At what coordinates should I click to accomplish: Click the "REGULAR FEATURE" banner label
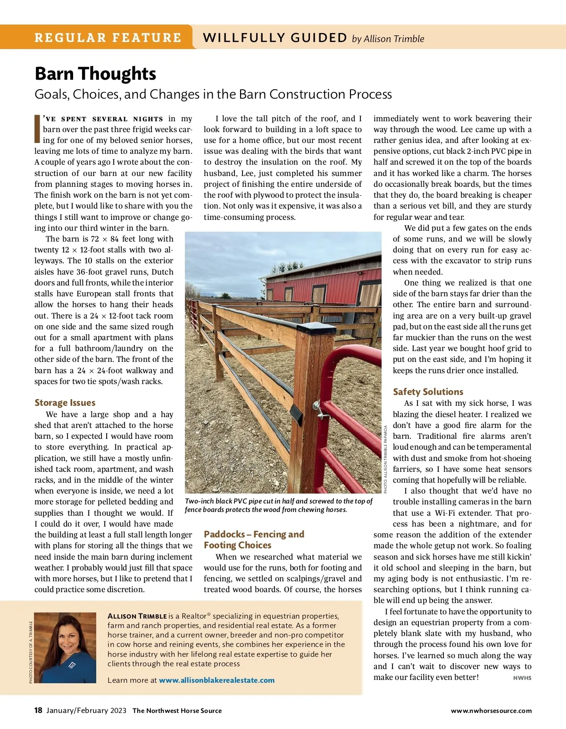click(x=108, y=38)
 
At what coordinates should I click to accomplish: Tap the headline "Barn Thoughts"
click(x=95, y=74)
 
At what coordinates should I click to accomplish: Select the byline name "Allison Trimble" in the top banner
click(x=394, y=39)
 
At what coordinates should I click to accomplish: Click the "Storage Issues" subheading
click(x=65, y=402)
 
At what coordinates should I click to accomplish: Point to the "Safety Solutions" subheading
click(x=428, y=392)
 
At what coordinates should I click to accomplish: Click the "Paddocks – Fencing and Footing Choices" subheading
click(x=254, y=539)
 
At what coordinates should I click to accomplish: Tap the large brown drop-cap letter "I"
click(x=38, y=129)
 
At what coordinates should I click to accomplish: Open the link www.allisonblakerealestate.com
click(x=216, y=680)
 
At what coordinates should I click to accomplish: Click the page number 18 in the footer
click(x=38, y=710)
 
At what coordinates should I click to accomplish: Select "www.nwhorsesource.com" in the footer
click(x=491, y=711)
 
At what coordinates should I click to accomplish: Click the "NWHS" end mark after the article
click(x=522, y=678)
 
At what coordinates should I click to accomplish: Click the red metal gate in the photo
click(x=349, y=415)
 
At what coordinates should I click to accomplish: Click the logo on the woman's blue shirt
click(x=72, y=665)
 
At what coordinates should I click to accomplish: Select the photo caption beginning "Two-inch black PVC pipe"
click(x=278, y=505)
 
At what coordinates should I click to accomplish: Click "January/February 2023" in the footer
click(x=86, y=710)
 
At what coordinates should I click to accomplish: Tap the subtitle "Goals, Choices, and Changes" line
click(x=213, y=94)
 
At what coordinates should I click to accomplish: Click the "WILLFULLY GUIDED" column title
click(x=275, y=38)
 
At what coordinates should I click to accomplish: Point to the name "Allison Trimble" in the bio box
click(x=137, y=616)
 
